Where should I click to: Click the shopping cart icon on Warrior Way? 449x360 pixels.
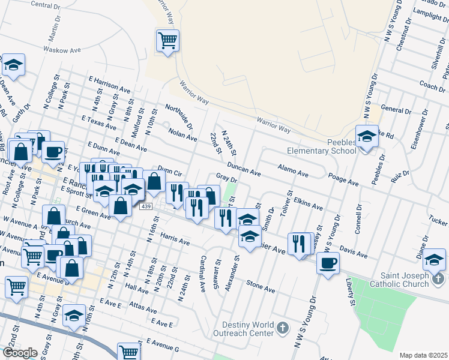coord(167,41)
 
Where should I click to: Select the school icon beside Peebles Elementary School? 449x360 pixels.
coord(366,137)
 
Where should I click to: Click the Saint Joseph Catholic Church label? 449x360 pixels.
coord(400,280)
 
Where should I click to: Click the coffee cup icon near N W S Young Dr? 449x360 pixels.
coord(328,263)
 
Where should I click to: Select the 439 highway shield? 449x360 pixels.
coord(146,206)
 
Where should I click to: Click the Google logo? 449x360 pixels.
coord(19,353)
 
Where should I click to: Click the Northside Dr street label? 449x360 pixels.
coord(179,116)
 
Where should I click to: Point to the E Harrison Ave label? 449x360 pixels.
coord(109,83)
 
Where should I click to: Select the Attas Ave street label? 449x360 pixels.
coord(142,307)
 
